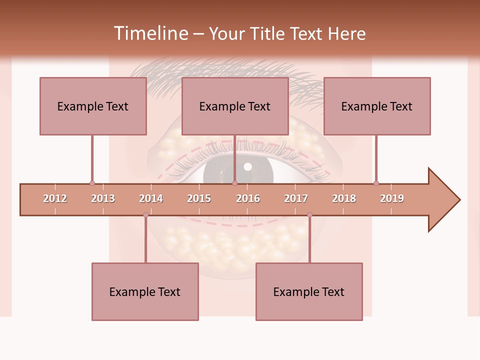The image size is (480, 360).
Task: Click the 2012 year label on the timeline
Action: click(x=55, y=198)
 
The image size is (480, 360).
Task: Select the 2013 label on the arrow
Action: click(x=103, y=198)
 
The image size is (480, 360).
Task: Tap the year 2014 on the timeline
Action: click(x=151, y=198)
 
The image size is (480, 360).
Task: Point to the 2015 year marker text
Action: click(x=199, y=198)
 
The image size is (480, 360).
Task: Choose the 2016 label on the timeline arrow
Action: click(x=248, y=198)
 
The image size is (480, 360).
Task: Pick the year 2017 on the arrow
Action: click(x=296, y=198)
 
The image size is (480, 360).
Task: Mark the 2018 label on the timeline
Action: click(x=344, y=198)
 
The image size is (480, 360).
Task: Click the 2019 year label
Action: click(x=392, y=198)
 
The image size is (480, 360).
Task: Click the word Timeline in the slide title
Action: click(x=150, y=33)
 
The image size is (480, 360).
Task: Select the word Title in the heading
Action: click(x=267, y=33)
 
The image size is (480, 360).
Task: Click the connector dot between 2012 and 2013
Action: click(x=92, y=183)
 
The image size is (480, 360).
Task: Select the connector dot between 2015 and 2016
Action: click(x=234, y=183)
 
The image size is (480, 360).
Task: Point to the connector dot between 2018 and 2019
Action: click(x=376, y=183)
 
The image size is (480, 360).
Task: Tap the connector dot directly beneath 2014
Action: click(x=145, y=215)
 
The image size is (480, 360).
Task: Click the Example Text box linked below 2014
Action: click(x=145, y=291)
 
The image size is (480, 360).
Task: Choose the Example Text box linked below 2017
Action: click(x=309, y=291)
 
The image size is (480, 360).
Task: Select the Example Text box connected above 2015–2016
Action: click(x=235, y=106)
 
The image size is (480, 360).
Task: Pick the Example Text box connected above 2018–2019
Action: click(x=377, y=106)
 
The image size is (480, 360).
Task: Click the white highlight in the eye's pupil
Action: click(x=247, y=166)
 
